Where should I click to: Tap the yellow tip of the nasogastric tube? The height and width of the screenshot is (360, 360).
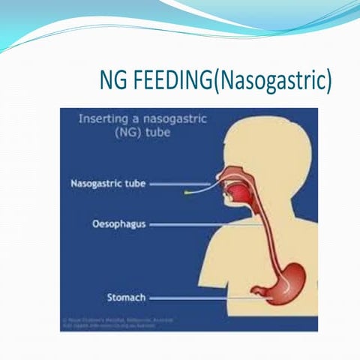pos(187,193)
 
